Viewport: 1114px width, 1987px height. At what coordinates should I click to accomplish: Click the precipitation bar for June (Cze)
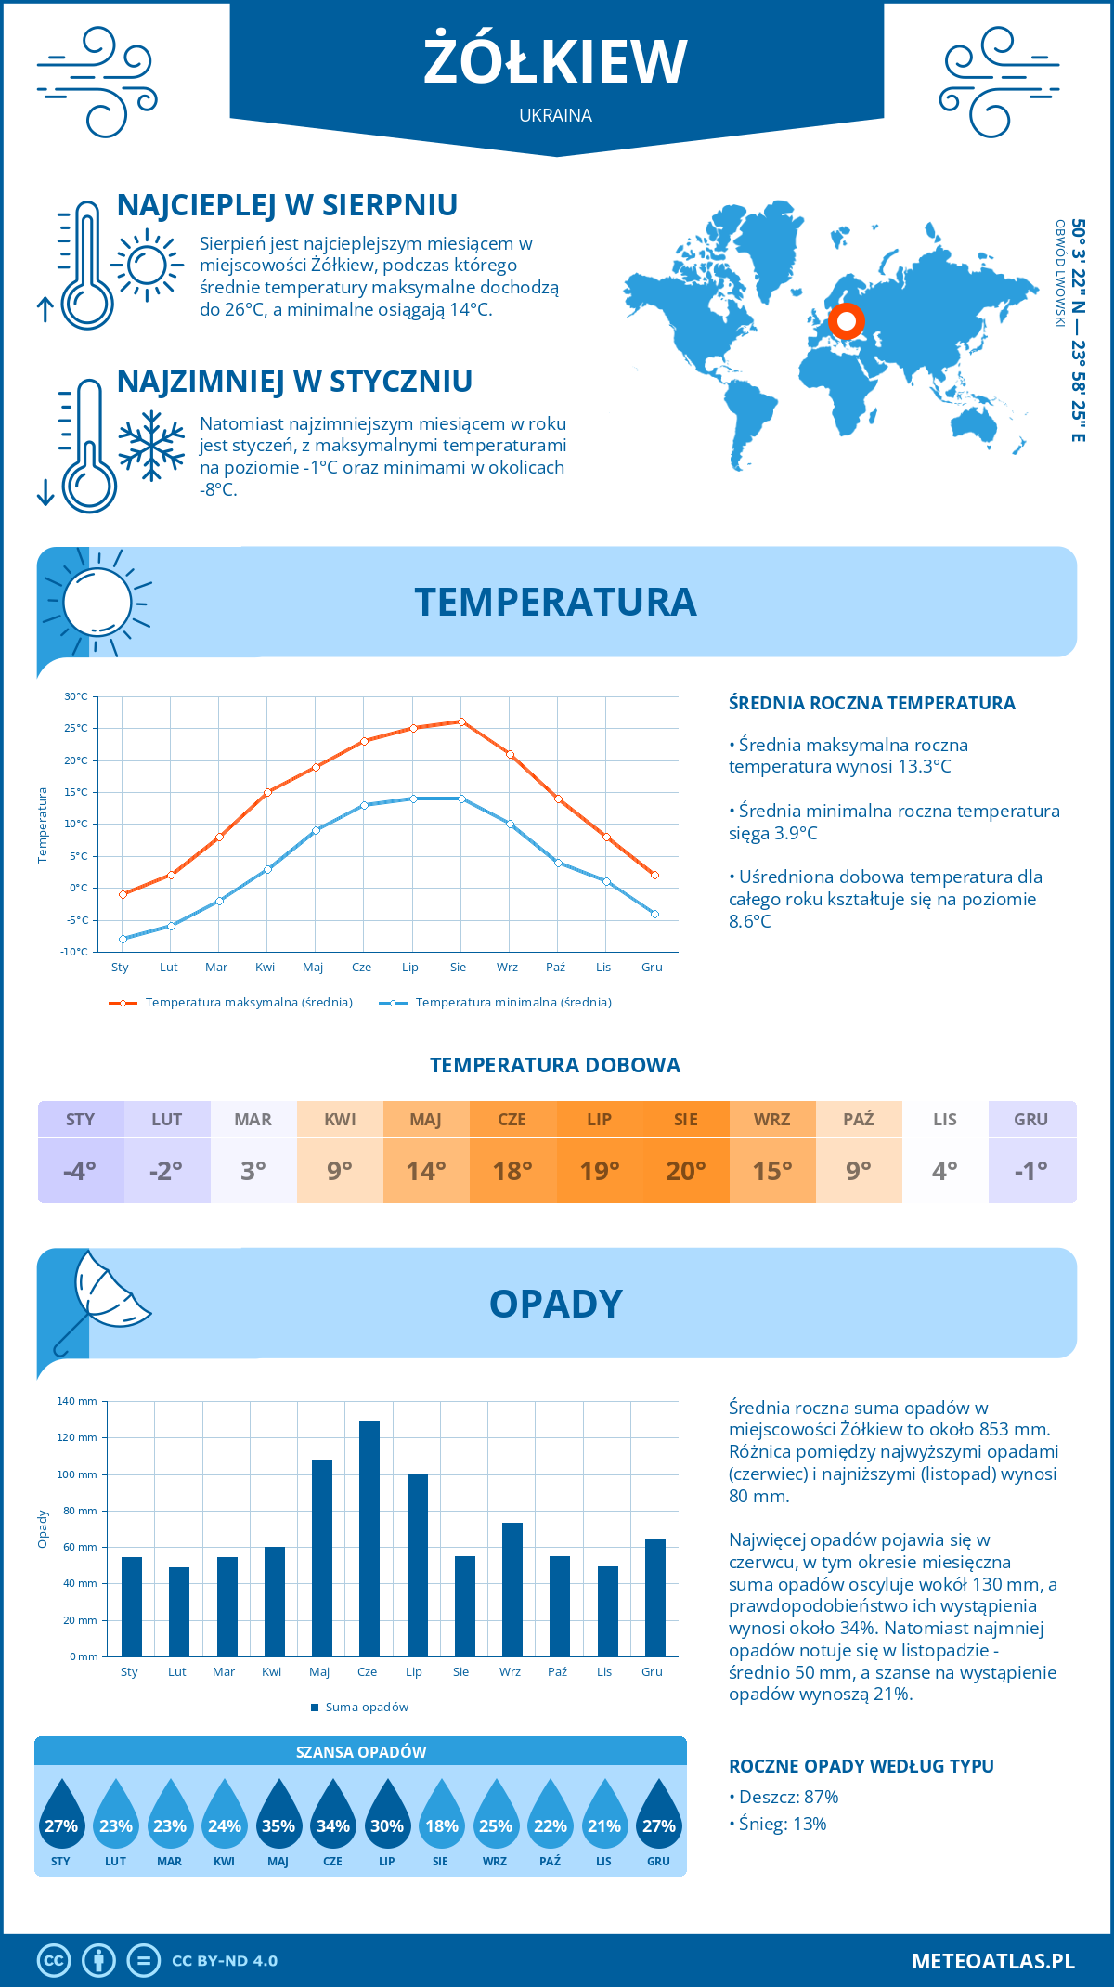369,1539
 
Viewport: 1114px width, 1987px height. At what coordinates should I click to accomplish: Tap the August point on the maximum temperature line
461,721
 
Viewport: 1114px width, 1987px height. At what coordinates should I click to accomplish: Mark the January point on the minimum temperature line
123,939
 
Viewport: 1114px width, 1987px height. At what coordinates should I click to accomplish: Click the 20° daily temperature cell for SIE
686,1170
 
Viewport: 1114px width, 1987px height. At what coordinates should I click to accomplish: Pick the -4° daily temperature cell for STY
81,1170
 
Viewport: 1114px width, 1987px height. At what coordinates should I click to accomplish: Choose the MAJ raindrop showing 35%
278,1814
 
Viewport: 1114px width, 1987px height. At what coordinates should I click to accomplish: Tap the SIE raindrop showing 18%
442,1814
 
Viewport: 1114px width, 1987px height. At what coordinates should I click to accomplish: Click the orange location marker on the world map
846,321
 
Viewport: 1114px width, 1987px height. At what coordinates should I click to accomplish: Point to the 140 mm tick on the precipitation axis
78,1401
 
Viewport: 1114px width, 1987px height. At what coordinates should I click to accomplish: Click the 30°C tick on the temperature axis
76,696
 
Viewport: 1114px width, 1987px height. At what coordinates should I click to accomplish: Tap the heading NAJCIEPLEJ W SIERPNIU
287,205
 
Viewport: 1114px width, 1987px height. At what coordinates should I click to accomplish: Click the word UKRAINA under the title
555,115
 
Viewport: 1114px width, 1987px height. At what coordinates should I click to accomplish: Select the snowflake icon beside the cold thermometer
151,446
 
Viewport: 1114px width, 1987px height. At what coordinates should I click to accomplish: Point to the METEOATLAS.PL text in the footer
992,1960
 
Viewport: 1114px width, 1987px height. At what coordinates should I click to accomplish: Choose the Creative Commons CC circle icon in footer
54,1960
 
